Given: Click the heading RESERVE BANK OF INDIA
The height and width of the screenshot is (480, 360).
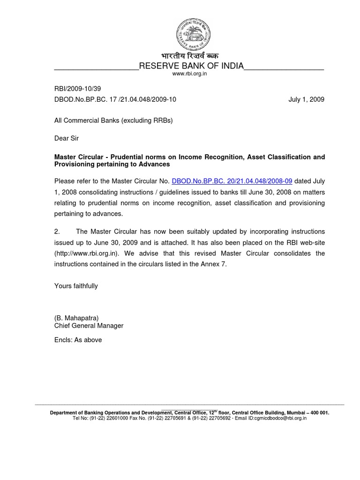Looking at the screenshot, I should [191, 66].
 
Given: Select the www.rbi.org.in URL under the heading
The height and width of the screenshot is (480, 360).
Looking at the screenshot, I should [189, 74].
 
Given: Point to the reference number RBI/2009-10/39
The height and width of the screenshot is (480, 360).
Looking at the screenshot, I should [77, 89].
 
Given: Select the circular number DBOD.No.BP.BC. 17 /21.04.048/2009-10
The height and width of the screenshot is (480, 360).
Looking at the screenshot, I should [115, 100].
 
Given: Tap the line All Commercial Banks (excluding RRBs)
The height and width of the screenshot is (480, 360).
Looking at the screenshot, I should [113, 120].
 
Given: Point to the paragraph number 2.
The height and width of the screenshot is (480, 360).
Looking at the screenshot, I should [57, 232].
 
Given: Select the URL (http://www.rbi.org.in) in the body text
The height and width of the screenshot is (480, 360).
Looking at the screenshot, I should [87, 254].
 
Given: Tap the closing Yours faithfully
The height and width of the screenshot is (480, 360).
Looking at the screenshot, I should [76, 286].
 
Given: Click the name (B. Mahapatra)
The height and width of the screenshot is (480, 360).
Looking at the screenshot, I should [76, 318].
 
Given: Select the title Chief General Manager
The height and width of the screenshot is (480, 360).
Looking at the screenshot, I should [89, 326].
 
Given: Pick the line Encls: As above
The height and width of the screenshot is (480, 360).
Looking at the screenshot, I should [78, 340].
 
